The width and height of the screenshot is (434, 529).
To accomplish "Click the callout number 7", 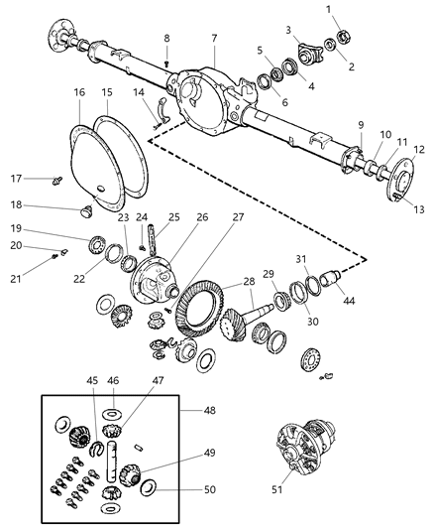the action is coord(214,39).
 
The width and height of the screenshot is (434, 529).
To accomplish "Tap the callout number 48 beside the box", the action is coord(209,410).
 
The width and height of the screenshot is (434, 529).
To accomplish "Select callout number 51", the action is coord(277,489).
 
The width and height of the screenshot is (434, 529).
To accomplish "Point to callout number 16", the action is coord(79,92).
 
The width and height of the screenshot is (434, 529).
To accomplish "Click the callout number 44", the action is coord(349,300).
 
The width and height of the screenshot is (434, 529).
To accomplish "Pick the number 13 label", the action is coord(419,209).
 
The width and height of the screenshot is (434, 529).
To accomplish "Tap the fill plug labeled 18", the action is coord(87,212).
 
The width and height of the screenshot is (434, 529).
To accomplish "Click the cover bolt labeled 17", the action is coord(57,181).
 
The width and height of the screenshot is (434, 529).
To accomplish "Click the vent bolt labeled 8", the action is coord(166,64).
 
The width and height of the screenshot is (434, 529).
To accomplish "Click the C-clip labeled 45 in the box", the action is coord(96,448).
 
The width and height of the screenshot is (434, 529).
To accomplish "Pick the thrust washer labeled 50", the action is coord(148,488).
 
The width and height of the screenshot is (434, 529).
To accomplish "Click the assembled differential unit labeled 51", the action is coord(305,448).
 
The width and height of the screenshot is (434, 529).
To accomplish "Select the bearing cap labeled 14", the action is coord(163,109).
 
